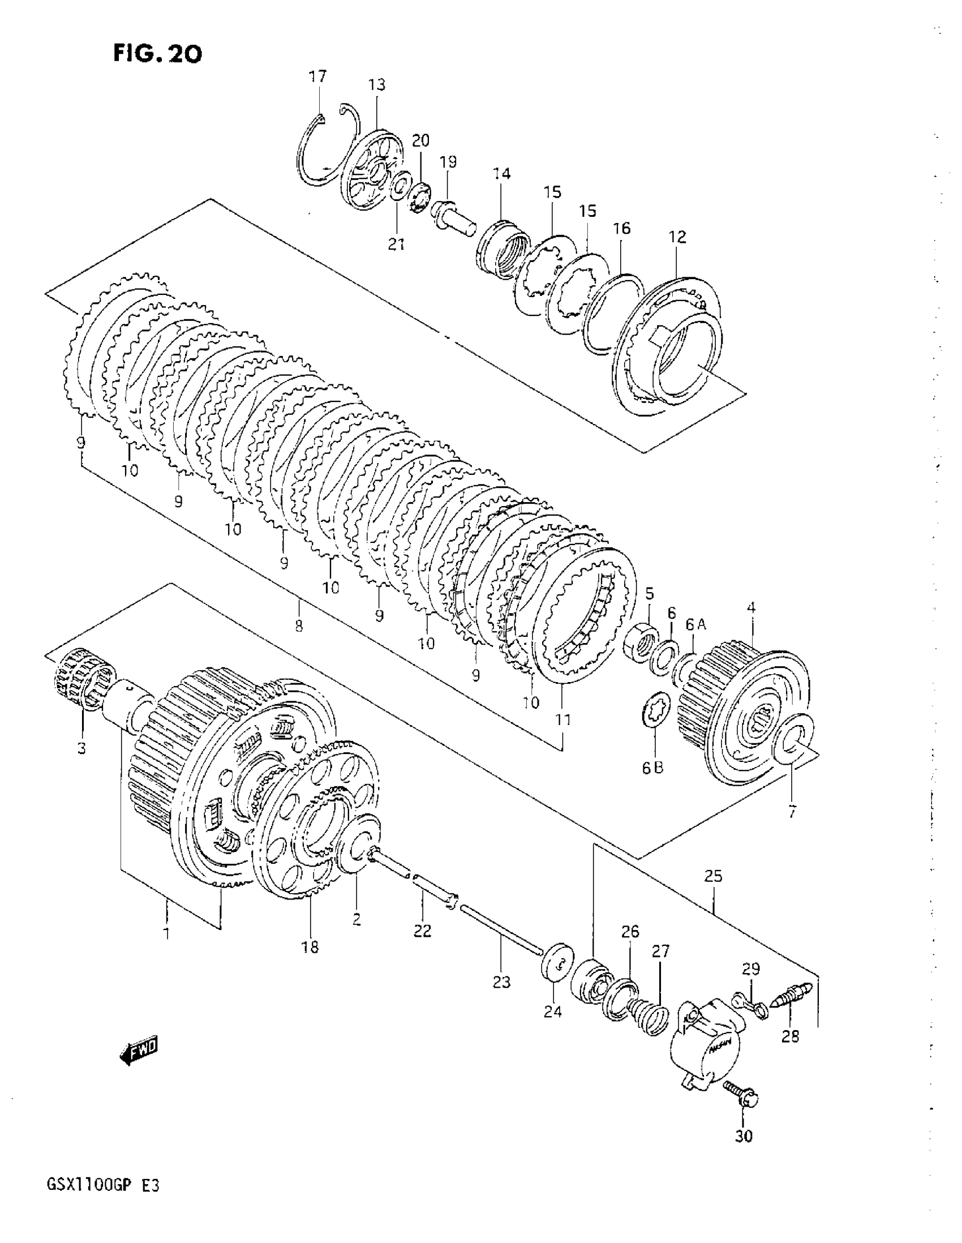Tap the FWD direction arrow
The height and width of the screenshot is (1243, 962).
point(139,1053)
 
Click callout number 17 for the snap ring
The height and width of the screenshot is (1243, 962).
point(318,76)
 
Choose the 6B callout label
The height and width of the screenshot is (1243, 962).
point(652,767)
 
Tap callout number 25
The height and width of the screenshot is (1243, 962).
point(713,876)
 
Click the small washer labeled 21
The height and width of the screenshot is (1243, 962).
point(402,185)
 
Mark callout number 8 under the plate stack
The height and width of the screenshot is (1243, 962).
point(299,625)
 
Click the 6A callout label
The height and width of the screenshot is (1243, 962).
point(695,625)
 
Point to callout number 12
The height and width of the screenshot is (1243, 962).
point(677,237)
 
